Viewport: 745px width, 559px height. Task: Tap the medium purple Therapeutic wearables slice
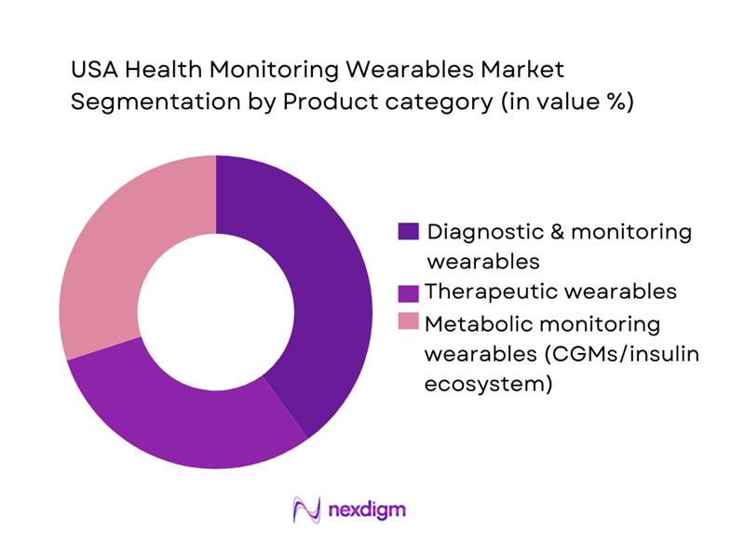click(x=186, y=410)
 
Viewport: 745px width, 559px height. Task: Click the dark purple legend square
click(x=408, y=231)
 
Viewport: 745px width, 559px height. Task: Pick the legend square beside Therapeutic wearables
click(x=408, y=292)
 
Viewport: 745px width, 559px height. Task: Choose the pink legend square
click(x=408, y=322)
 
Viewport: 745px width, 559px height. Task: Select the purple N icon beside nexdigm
click(x=306, y=510)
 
